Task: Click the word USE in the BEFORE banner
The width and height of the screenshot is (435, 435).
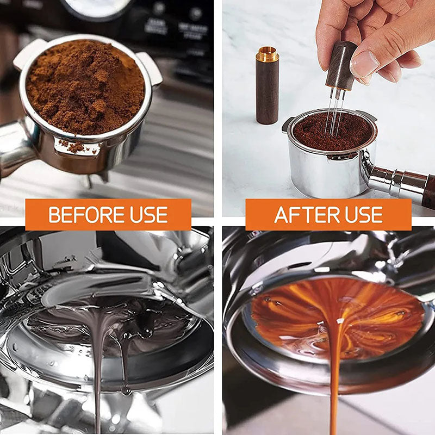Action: pos(148,215)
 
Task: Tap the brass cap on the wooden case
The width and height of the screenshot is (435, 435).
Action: pos(267,54)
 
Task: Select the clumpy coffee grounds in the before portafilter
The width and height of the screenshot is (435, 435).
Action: pos(84,87)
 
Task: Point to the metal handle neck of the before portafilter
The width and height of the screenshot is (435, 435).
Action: pos(14,147)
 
